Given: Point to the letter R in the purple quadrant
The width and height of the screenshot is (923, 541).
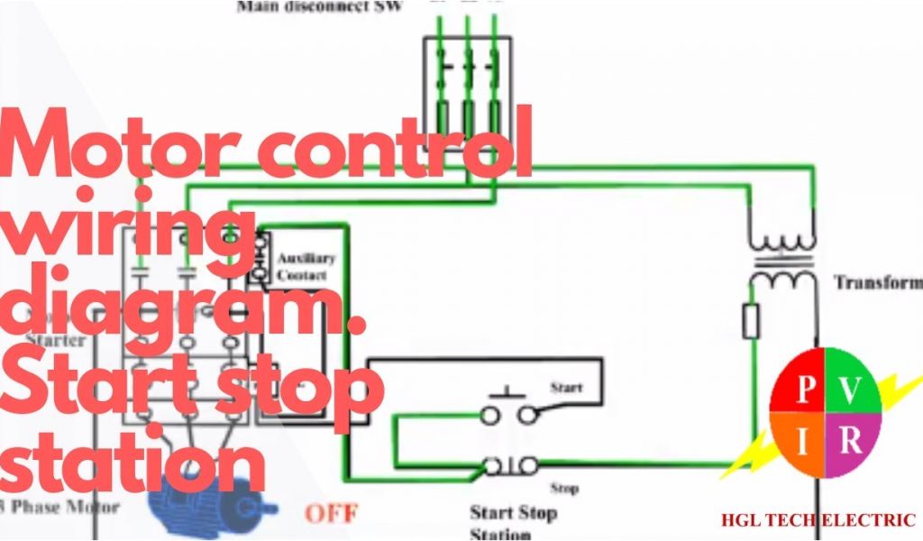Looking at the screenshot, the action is [x=851, y=442].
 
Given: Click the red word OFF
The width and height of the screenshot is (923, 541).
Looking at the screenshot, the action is [x=331, y=514].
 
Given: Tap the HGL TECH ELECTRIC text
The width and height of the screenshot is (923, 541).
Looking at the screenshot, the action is [x=818, y=520].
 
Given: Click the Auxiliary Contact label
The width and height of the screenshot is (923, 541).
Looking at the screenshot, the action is [x=306, y=266].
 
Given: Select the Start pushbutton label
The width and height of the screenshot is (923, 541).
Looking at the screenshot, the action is [x=566, y=387].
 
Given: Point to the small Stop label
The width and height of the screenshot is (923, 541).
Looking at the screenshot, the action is [x=564, y=488].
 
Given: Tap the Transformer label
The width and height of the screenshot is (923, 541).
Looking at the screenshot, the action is [x=877, y=282].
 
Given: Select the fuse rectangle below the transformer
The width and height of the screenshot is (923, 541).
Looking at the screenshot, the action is [x=751, y=321].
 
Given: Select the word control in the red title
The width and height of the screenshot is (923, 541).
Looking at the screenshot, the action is [x=397, y=144].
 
